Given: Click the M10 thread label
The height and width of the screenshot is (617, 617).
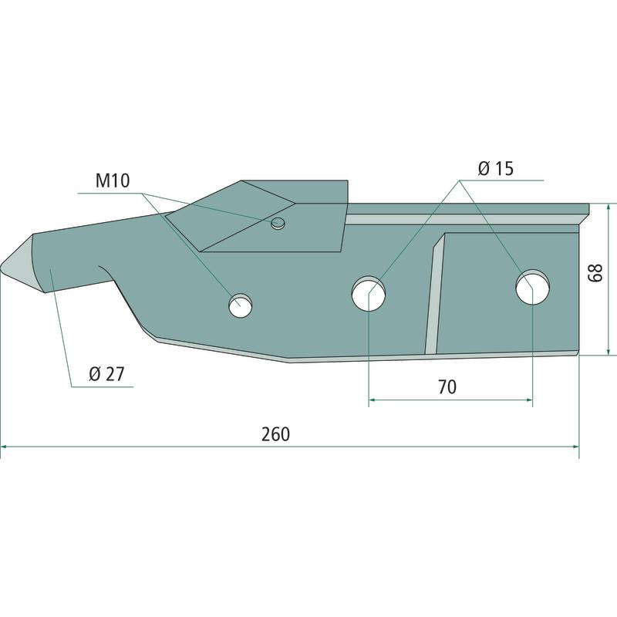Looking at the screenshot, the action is click(113, 181).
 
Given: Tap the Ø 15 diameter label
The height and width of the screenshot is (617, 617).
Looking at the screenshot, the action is click(496, 168).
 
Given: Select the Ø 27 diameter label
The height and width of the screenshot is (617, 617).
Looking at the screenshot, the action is click(106, 374).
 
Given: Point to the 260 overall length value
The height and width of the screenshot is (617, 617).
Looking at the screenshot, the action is click(276, 434).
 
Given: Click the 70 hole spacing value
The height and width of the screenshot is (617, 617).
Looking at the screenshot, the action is click(447, 387).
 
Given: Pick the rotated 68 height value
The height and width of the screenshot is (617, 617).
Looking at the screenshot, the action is click(595, 273).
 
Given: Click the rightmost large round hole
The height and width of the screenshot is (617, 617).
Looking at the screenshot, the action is click(532, 287).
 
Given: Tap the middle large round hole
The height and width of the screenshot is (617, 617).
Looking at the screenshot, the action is click(369, 294).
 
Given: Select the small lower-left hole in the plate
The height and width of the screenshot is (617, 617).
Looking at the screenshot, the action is click(241, 305).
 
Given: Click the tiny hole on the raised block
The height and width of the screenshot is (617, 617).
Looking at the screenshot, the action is click(278, 224).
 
